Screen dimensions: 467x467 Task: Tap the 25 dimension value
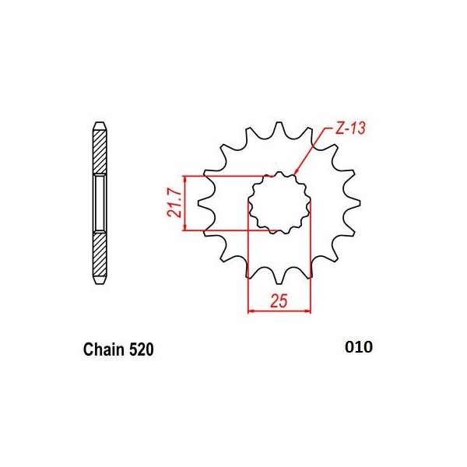[x=279, y=300]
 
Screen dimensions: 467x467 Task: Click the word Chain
[x=104, y=350]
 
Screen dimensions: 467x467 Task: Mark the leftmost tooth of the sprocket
[x=205, y=207]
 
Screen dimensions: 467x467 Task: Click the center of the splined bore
[x=279, y=203]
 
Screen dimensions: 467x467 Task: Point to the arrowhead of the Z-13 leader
[x=296, y=172]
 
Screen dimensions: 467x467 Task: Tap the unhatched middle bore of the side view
[x=99, y=203]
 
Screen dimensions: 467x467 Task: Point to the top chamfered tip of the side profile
[x=99, y=125]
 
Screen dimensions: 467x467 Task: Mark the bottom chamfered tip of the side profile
[x=99, y=283]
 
